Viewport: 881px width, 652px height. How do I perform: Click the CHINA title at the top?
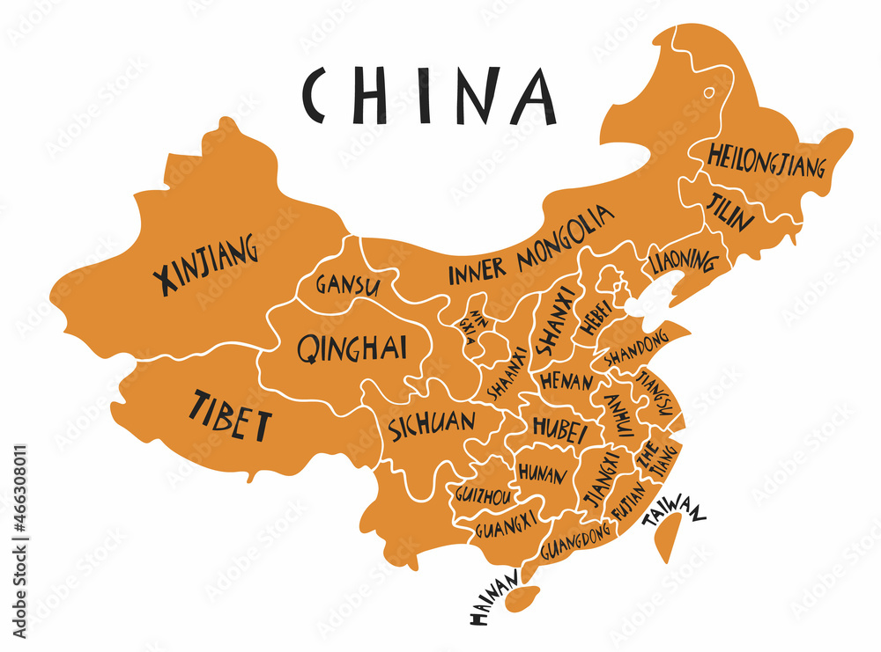429,94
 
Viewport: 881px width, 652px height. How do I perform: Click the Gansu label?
348,285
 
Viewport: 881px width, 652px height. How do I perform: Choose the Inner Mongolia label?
530,245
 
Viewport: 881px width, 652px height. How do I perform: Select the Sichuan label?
432,424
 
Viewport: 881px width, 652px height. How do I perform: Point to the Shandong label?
637,351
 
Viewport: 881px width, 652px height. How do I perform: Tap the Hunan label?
542,473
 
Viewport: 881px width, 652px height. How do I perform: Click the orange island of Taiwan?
670,538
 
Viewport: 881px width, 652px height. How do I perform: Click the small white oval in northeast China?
708,92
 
